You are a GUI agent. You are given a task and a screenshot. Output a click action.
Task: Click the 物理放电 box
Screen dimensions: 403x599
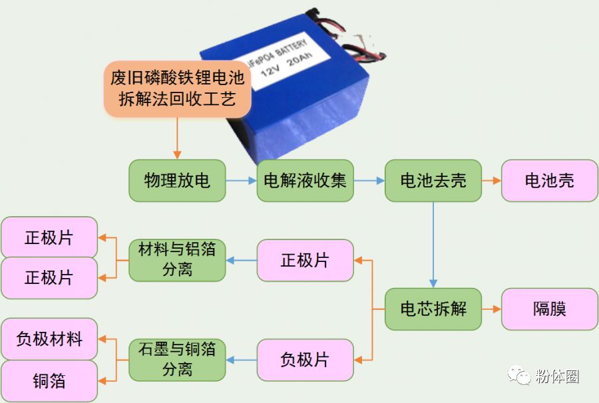(177, 180)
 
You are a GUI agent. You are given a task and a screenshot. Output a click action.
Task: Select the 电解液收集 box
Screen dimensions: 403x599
(305, 180)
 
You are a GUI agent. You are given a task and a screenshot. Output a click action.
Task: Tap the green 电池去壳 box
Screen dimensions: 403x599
(433, 180)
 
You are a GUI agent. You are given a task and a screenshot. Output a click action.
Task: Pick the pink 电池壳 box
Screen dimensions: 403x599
(549, 180)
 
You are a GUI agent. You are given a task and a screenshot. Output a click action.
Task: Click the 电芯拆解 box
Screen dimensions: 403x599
(433, 309)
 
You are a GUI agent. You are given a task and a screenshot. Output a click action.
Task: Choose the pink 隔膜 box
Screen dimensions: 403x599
(549, 309)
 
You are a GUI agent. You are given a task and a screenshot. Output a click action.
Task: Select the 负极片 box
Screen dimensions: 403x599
(305, 360)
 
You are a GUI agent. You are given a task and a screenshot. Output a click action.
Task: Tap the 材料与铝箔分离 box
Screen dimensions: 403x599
(177, 260)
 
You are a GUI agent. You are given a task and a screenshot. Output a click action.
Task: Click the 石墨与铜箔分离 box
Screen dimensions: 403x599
(177, 360)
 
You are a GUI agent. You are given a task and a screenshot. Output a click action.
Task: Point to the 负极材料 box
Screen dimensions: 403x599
(49, 339)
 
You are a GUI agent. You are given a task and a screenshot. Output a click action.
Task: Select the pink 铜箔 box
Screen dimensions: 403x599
(49, 381)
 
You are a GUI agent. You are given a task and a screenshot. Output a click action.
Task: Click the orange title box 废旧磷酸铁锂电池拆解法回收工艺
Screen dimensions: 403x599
(177, 89)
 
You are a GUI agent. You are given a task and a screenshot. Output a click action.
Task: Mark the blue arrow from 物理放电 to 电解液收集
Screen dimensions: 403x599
(241, 180)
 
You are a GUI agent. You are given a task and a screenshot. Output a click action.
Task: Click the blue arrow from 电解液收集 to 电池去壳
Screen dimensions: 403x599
(369, 180)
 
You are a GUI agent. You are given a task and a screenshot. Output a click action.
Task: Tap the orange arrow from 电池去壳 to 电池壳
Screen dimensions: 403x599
(491, 180)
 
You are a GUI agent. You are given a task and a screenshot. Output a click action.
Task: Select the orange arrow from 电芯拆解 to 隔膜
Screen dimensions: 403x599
(491, 309)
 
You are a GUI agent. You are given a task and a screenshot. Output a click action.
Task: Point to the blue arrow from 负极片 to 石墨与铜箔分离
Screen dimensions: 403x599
(241, 360)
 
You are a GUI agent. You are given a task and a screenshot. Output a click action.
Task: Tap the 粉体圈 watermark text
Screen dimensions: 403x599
(556, 376)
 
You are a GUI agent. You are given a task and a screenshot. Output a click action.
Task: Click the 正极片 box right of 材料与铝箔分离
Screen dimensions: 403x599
(305, 260)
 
